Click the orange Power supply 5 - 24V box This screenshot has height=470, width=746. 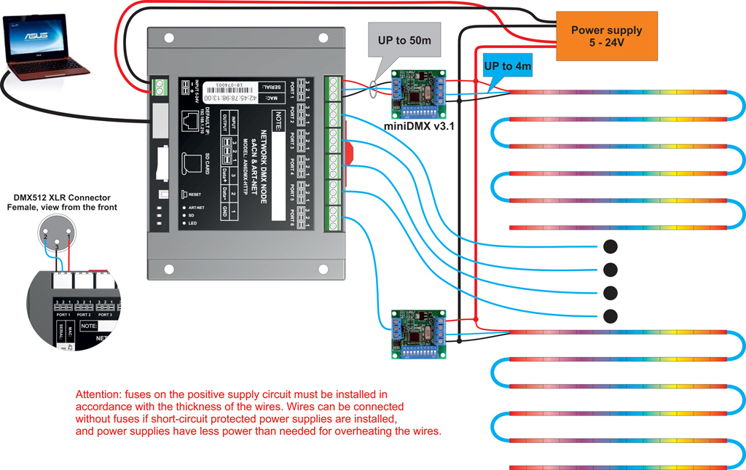(x=606, y=36)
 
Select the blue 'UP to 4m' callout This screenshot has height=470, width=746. (x=507, y=66)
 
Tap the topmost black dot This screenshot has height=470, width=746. (x=610, y=246)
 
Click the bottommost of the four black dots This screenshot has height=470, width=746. (x=610, y=316)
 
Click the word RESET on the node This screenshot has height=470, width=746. (x=194, y=195)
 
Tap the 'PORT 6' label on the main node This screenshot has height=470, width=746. (x=291, y=216)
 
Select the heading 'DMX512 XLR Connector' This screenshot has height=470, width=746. (x=61, y=197)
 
